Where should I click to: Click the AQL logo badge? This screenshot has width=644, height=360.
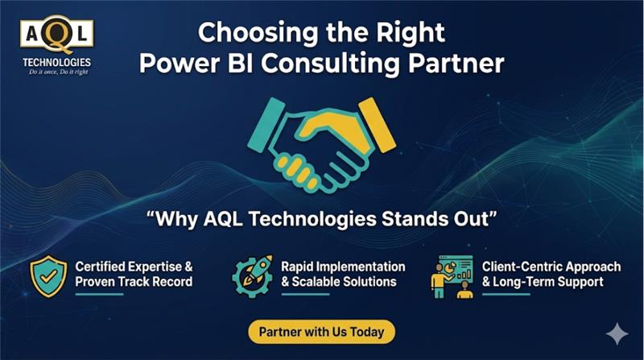point(56,33)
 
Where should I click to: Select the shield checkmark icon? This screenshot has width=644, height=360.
point(47,275)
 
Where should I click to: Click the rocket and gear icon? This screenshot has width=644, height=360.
point(250,275)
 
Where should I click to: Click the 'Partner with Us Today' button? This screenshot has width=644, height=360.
point(321,331)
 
